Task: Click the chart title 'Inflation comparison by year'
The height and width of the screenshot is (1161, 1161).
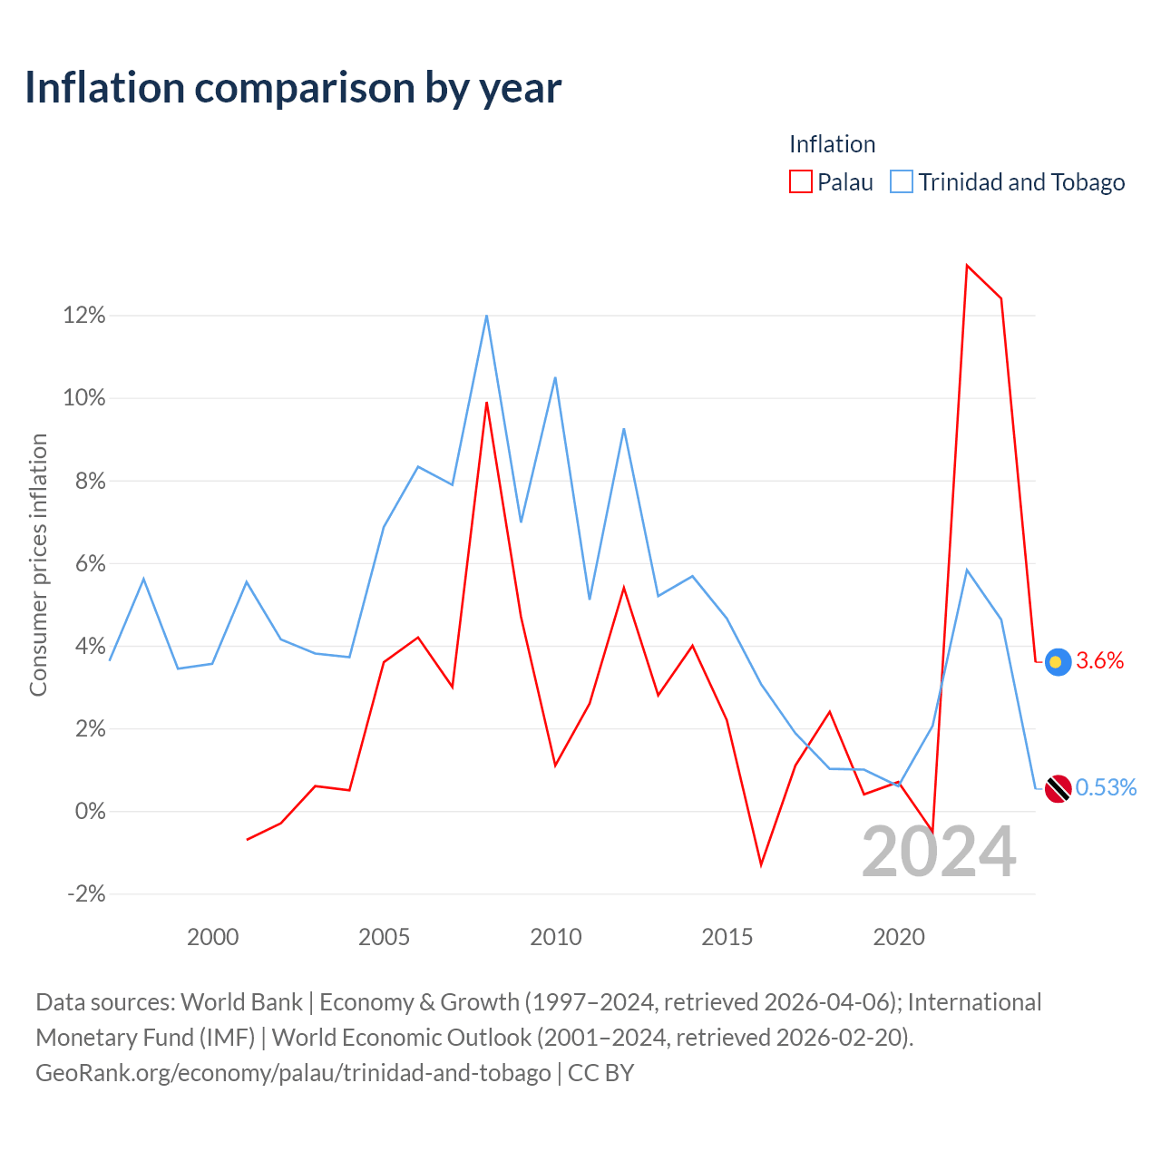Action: point(293,89)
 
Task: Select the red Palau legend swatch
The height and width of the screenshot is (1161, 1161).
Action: point(801,181)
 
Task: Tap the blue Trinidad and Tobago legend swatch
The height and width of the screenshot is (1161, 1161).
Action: point(902,181)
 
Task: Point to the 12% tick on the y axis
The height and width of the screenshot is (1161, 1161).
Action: point(84,315)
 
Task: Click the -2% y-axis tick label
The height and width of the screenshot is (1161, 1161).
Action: point(87,893)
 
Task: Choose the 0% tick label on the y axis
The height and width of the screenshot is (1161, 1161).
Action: point(91,811)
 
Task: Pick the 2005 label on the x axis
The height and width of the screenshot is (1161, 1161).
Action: point(384,938)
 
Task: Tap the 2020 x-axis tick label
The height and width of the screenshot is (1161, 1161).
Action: point(899,938)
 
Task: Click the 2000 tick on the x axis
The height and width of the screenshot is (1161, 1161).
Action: point(212,938)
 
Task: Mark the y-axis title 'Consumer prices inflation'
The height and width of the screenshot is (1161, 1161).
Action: point(38,565)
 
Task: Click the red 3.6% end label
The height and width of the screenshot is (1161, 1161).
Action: point(1099,661)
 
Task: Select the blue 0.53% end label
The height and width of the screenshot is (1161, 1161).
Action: point(1106,787)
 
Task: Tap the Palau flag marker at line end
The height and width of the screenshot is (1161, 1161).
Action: point(1058,662)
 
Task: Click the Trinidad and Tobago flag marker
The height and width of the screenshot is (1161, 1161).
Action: point(1058,788)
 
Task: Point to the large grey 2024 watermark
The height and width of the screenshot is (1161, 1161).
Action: point(939,852)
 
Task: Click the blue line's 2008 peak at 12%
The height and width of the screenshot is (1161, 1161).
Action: point(487,316)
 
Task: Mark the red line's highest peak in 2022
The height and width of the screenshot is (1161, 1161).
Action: point(966,265)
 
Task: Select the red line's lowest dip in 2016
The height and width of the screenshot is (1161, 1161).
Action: point(761,865)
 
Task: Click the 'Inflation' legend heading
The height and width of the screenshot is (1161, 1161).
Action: point(832,144)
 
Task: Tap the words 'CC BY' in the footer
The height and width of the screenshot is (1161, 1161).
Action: point(600,1073)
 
